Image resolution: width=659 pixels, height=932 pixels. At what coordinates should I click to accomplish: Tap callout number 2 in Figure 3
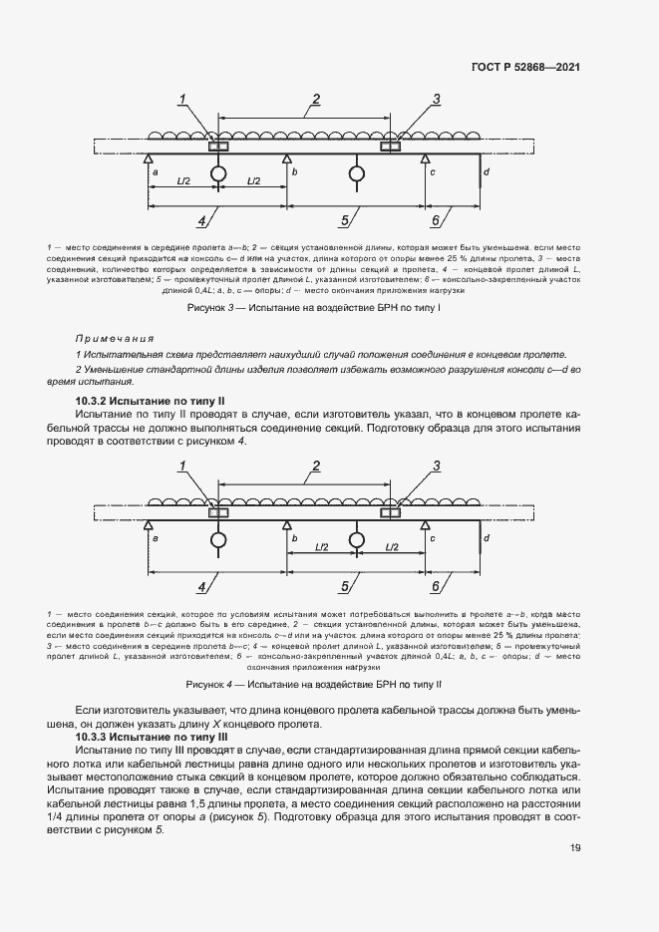[x=316, y=98]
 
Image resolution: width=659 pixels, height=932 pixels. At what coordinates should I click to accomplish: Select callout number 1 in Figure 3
[x=183, y=98]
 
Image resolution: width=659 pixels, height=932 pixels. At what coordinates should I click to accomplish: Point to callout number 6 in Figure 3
[x=436, y=220]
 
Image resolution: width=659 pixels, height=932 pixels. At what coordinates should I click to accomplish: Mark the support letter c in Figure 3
[x=433, y=172]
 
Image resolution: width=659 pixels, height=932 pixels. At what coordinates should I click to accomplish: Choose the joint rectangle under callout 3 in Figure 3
[x=390, y=147]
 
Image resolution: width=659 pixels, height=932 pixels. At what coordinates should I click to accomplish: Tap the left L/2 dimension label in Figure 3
[x=182, y=181]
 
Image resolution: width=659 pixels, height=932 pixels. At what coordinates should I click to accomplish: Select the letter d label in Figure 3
[x=486, y=172]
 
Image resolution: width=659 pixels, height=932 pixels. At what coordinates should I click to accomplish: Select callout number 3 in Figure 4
[x=436, y=465]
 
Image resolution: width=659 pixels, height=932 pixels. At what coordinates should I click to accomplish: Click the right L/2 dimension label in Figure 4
[x=391, y=547]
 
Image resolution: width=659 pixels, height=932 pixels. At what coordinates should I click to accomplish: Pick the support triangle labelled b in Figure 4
[x=287, y=523]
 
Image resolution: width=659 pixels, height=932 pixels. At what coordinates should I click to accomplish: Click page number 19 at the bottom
[x=574, y=848]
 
